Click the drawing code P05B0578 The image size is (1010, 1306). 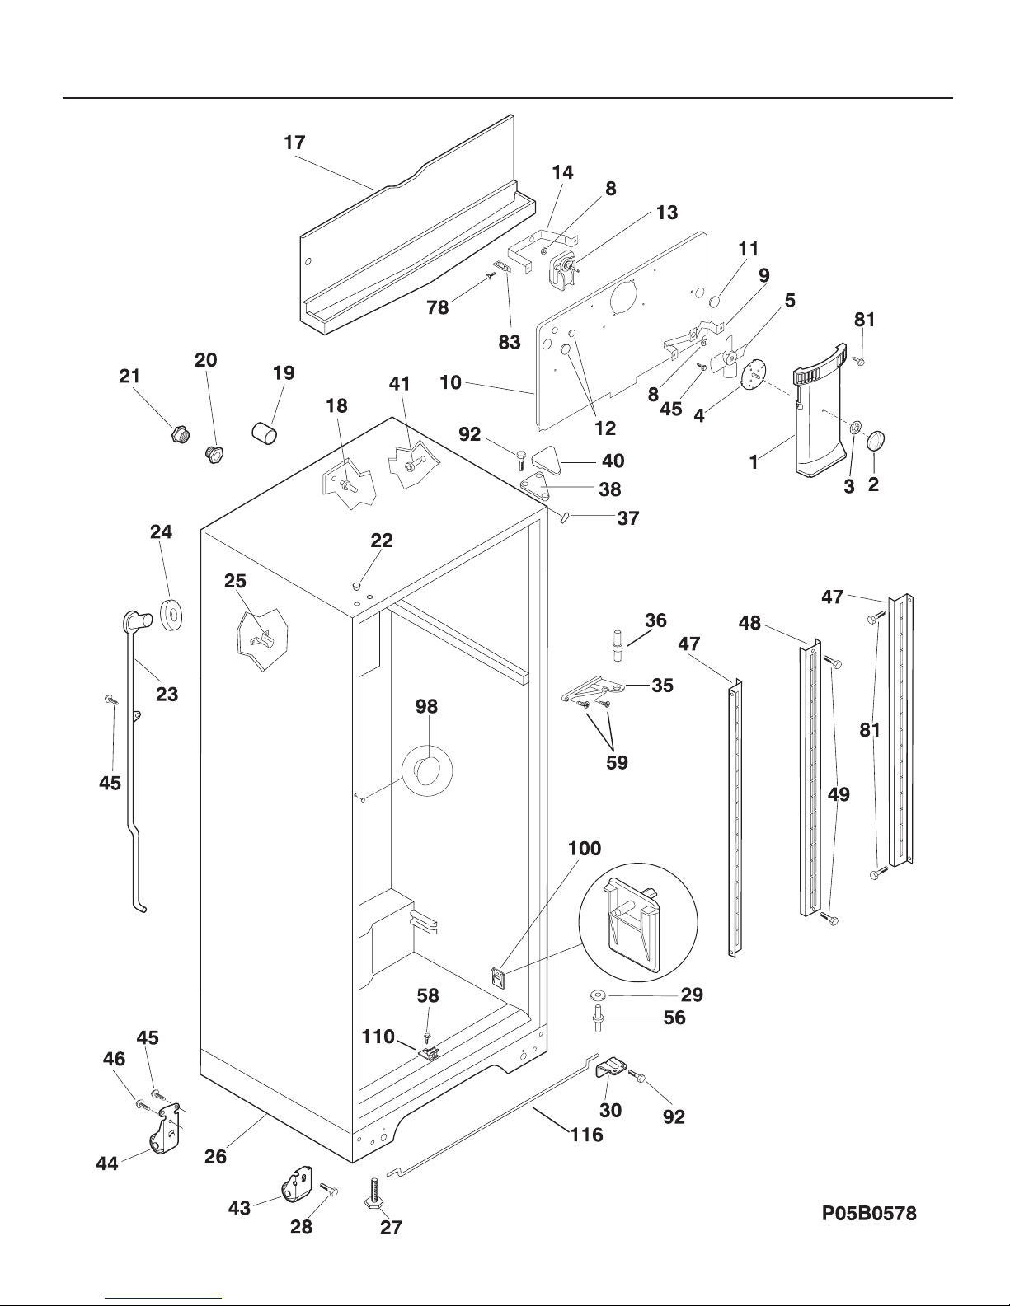(x=869, y=1213)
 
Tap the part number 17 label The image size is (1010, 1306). (x=294, y=143)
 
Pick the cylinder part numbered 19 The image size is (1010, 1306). (x=265, y=431)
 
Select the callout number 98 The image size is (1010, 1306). (x=427, y=707)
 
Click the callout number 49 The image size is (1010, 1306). (x=839, y=794)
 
